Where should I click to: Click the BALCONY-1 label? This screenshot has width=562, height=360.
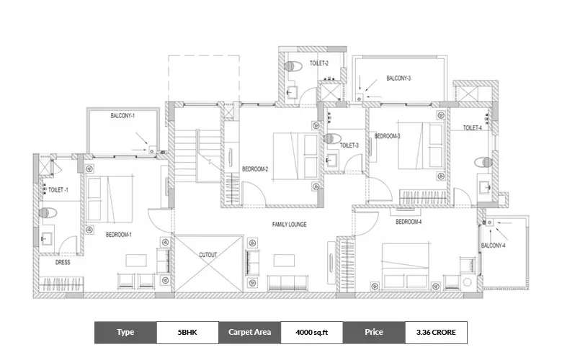coord(122,115)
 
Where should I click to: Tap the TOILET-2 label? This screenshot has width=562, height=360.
coord(319,63)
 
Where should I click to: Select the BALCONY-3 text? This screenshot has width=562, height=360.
coord(398,78)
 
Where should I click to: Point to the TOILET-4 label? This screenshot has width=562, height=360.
coord(472,128)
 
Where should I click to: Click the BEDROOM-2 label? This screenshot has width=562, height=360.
coord(255,169)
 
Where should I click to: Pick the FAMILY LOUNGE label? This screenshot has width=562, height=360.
coord(289,225)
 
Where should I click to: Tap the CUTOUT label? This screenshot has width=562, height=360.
coord(208,255)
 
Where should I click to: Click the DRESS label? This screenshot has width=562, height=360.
coord(63,263)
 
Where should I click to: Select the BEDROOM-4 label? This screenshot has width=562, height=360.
coord(407,222)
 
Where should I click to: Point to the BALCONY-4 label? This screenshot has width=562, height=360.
coord(493,247)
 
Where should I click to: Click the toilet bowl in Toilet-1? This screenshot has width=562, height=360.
coord(48,213)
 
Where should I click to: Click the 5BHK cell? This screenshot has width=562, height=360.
coord(187,332)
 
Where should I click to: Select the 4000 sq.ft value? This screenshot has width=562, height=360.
coord(311,332)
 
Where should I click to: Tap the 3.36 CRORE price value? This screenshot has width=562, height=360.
coord(435,332)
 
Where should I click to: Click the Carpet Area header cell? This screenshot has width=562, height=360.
coord(249,332)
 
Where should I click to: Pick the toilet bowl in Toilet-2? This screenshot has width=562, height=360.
coord(292,66)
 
